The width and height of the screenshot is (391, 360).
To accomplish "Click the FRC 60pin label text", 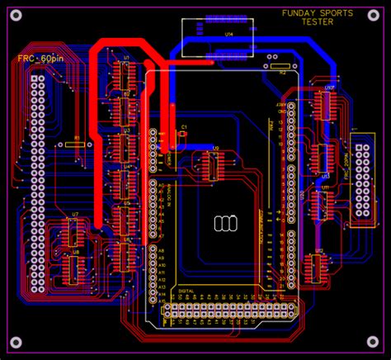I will coord(39,59).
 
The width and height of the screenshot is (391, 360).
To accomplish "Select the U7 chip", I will coord(75,232).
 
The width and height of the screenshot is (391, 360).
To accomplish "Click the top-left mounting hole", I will coord(15,15).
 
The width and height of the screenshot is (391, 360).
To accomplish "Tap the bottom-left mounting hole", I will coord(15,342).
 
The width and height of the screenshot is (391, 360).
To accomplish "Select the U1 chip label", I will coord(127,58).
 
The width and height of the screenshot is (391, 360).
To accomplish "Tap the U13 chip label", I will coord(325,176).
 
